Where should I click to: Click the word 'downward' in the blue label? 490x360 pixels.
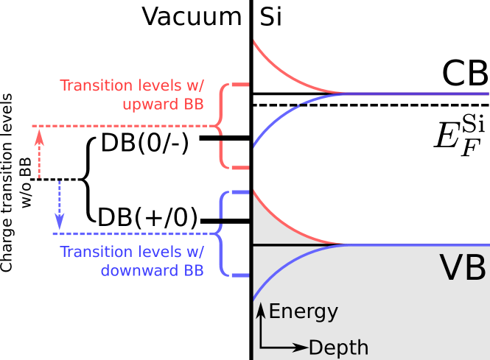point(137,270)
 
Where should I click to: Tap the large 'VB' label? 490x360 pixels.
point(463,269)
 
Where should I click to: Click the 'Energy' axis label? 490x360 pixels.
point(303,311)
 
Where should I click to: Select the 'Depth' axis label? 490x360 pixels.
point(338,347)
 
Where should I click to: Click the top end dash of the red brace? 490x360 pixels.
point(241,85)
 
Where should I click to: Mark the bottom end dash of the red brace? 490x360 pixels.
point(241,168)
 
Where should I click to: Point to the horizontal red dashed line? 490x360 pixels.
point(125,127)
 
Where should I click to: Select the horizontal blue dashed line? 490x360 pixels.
point(133,234)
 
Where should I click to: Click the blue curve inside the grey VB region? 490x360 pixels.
point(287,262)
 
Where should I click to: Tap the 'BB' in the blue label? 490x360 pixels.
point(193,270)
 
